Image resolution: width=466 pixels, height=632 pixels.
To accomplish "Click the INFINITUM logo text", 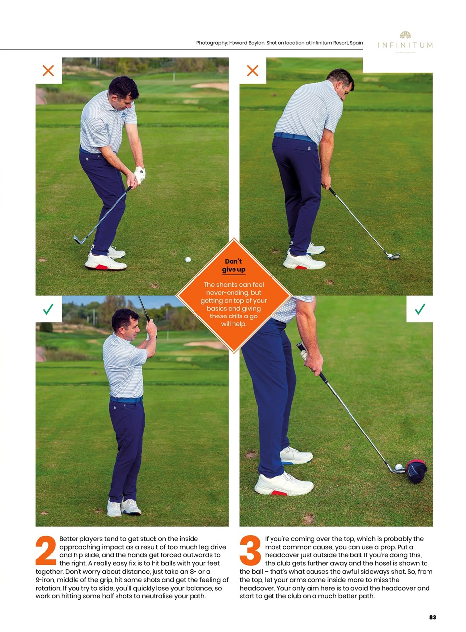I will [405, 45].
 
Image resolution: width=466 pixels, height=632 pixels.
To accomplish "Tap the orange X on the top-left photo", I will [48, 71].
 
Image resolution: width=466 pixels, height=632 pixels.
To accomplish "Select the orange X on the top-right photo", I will [252, 71].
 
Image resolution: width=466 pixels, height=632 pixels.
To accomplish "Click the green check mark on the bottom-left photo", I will [48, 309].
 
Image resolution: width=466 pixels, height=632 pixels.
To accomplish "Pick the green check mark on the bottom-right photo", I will [420, 309].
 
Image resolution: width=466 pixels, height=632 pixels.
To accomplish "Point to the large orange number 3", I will [250, 551].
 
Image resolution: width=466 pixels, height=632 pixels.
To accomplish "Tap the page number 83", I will [432, 617].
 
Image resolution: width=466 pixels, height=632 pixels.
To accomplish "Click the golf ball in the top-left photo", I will [188, 259].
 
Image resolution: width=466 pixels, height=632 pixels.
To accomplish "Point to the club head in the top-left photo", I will [78, 239].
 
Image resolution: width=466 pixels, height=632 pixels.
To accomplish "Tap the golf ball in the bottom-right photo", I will [399, 467].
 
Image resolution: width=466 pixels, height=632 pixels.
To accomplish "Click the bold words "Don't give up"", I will [233, 265].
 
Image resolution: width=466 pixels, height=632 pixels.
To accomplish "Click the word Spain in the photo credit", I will [356, 43].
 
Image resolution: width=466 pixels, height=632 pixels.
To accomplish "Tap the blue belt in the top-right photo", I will [294, 137].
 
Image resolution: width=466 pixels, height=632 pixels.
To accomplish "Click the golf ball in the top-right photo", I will [390, 256].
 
